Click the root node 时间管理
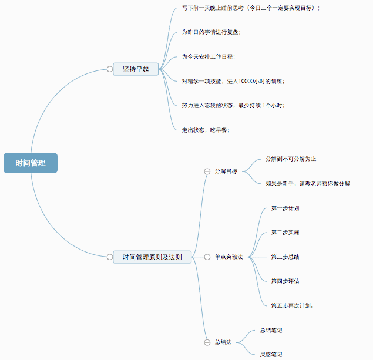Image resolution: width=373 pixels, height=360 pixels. tap(31, 163)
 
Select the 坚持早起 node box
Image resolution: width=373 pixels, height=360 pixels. tap(136, 69)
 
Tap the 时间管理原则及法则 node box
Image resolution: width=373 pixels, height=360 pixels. tap(152, 257)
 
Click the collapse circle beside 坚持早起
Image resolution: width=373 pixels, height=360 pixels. tap(110, 69)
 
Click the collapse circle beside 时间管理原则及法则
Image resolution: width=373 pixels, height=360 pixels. tap(110, 257)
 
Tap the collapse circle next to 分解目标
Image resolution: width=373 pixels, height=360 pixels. tap(207, 171)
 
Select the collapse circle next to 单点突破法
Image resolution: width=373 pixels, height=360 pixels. tap(207, 257)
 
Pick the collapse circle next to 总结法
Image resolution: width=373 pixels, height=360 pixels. tap(207, 342)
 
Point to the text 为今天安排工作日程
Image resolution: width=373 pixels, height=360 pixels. tap(208, 56)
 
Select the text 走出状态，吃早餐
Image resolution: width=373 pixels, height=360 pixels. tap(206, 130)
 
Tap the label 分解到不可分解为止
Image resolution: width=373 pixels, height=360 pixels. tap(291, 159)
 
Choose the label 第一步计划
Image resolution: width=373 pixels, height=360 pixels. tap(285, 208)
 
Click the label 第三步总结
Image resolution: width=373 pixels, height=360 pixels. tap(285, 257)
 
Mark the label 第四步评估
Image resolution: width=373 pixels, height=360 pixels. tap(285, 281)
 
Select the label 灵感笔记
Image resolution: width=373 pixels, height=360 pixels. tap(271, 354)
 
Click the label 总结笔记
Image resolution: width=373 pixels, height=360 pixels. tap(271, 330)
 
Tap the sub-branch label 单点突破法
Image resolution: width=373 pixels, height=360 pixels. tap(229, 257)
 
